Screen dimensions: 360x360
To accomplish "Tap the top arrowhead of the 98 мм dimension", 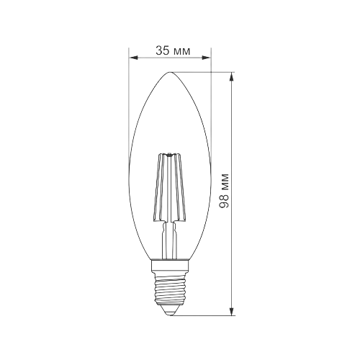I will point(231,76).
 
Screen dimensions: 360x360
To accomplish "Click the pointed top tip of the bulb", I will point(170,72).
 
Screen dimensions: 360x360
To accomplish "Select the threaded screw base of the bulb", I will point(170,288).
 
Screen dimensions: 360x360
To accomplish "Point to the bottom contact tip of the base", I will point(170,312).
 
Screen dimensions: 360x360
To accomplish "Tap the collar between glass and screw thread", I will point(170,266).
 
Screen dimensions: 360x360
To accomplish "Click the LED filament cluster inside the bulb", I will point(170,187).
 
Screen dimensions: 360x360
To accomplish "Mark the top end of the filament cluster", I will point(170,154).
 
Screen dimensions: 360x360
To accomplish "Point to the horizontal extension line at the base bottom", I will point(209,315).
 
